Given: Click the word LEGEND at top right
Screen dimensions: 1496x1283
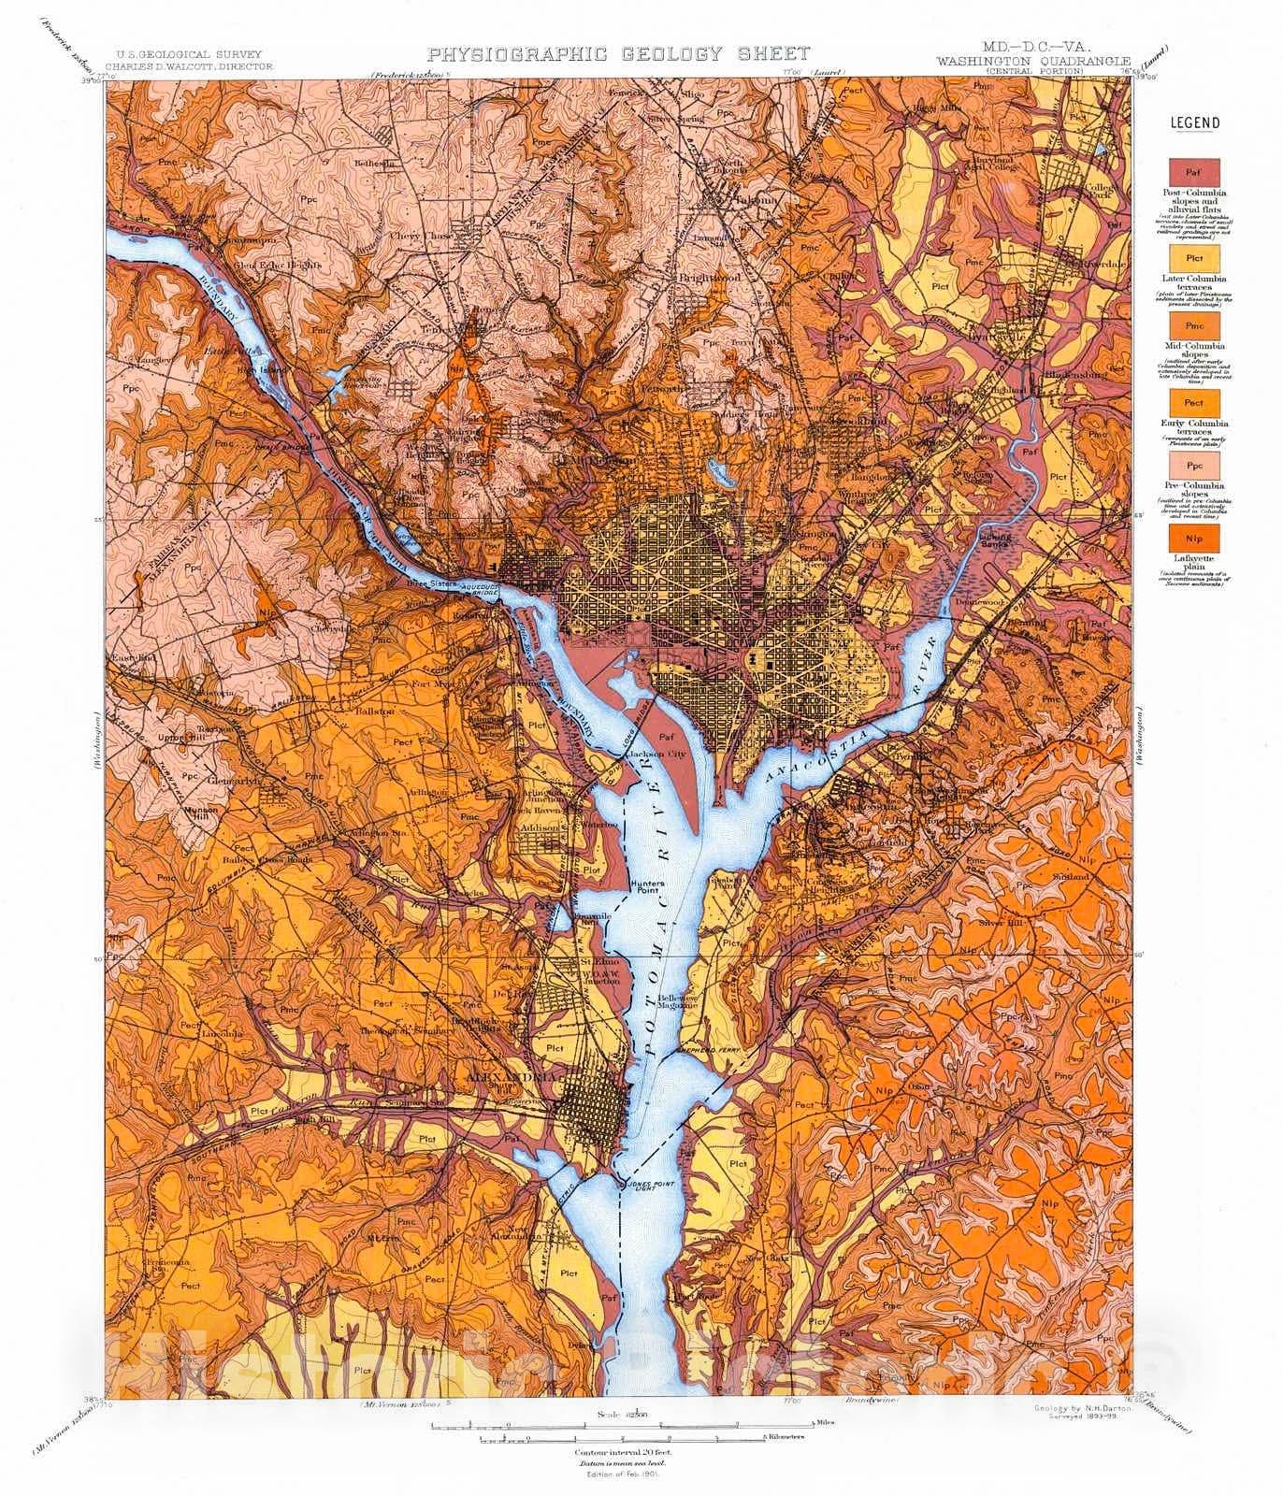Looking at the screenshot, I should (x=1194, y=122).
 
